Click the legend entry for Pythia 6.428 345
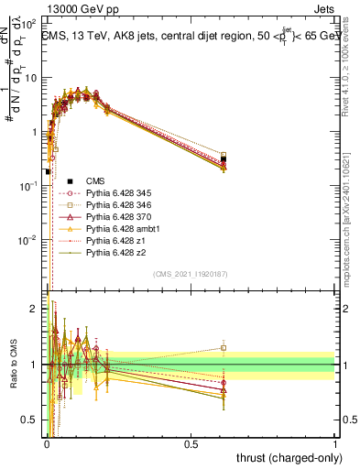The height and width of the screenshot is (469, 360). point(108,193)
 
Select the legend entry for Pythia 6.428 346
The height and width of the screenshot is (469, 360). point(108,205)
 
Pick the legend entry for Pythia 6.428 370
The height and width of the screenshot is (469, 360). point(108,217)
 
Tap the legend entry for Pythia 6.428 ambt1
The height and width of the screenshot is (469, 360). point(110,229)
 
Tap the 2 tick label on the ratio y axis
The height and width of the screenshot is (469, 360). point(35,309)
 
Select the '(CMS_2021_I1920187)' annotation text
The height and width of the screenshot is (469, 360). point(190,274)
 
